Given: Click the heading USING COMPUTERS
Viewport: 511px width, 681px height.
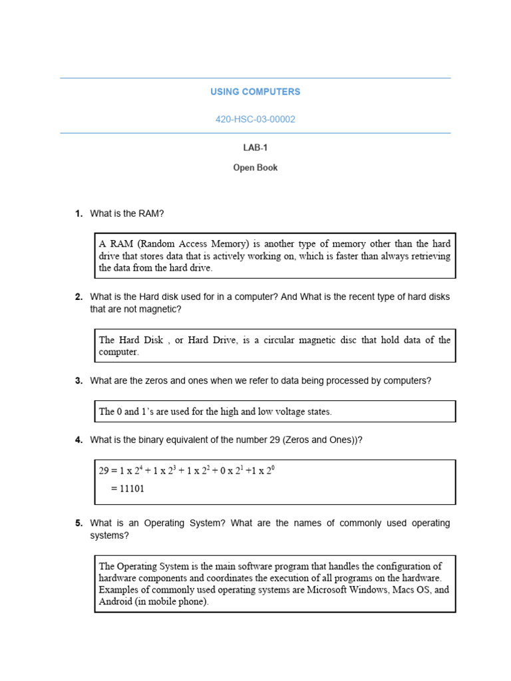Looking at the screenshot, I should tap(255, 92).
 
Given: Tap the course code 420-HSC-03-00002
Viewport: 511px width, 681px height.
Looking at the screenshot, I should tap(255, 120).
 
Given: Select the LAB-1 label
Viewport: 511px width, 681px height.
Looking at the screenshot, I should tap(255, 148).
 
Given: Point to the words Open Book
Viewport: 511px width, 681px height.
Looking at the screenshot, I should tap(255, 168).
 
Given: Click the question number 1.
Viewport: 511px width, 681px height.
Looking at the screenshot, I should tap(78, 213).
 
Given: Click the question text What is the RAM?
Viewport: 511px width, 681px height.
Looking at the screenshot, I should tap(127, 213).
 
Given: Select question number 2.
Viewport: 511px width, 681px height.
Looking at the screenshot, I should tap(78, 297).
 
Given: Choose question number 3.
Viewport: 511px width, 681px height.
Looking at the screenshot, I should tap(78, 381).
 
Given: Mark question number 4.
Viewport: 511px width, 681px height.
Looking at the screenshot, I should tap(78, 440).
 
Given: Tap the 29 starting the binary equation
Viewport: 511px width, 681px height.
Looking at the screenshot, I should tap(104, 471).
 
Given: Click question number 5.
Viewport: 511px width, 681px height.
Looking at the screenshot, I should tap(78, 523).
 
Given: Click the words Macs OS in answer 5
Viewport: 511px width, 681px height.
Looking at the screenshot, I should tap(411, 591).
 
